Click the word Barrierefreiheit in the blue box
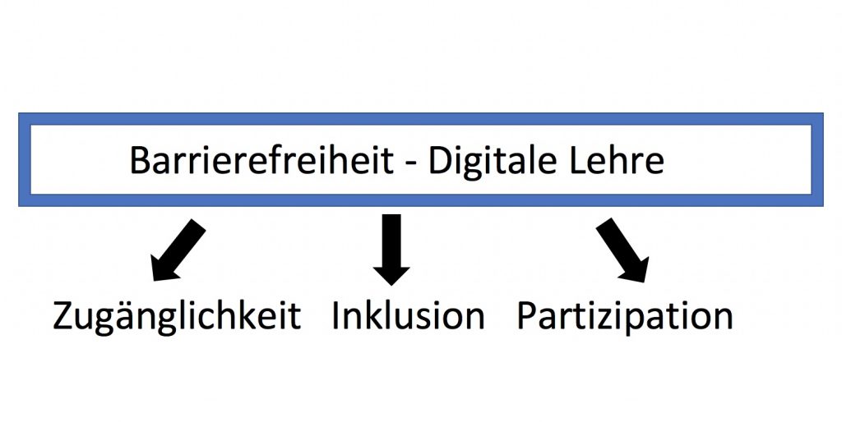(x=262, y=160)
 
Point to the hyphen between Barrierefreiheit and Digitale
(x=411, y=164)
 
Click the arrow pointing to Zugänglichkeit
(x=178, y=250)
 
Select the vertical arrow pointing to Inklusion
(x=391, y=250)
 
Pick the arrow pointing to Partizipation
(x=623, y=250)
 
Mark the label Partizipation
(x=625, y=316)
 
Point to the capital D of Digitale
(x=441, y=160)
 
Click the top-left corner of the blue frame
(x=19, y=113)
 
